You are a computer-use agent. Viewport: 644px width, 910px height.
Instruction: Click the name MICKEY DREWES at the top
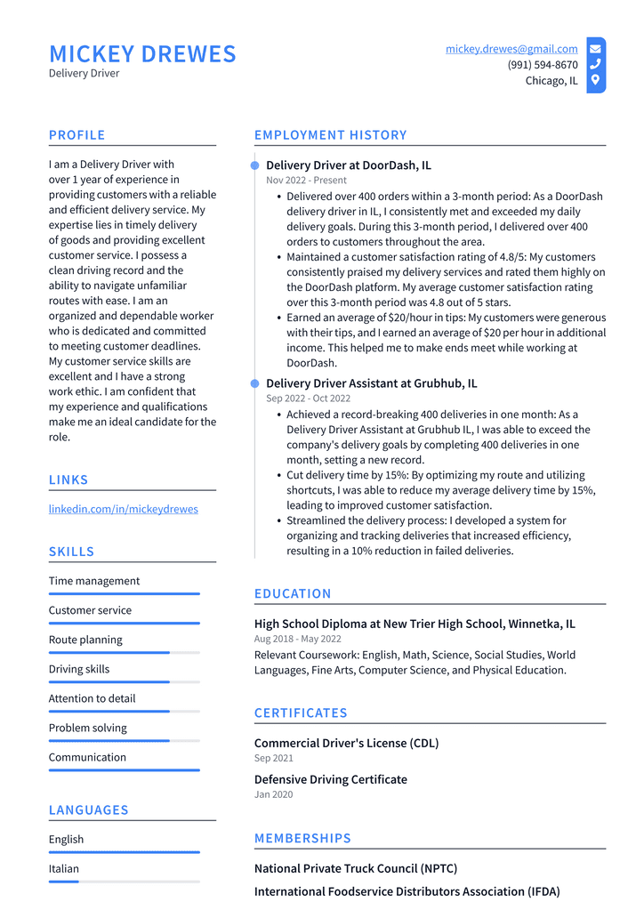point(142,54)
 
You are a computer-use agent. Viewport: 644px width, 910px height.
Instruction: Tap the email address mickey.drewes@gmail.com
point(511,49)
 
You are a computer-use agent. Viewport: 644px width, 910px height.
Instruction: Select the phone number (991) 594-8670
point(542,65)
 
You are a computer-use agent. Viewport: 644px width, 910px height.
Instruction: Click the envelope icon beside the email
point(595,49)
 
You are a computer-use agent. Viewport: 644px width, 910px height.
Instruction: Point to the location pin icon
point(595,80)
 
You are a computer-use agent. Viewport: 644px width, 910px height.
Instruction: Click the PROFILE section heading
point(76,135)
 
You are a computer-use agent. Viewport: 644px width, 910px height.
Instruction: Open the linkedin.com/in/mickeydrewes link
point(123,509)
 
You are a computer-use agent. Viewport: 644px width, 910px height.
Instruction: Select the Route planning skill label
point(85,640)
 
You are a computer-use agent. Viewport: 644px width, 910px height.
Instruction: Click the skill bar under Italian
point(124,882)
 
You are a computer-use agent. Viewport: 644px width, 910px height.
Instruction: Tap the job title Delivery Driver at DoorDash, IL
point(348,165)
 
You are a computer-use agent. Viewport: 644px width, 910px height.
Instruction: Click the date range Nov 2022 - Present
point(306,181)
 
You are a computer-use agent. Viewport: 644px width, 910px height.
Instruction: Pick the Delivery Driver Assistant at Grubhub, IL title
point(371,383)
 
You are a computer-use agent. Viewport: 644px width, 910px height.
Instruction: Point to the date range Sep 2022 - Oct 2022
point(310,399)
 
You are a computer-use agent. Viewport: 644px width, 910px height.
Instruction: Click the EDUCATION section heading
point(293,593)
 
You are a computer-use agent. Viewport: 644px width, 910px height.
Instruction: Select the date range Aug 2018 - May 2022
point(297,639)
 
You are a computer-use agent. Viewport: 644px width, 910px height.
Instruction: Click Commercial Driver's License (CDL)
point(346,743)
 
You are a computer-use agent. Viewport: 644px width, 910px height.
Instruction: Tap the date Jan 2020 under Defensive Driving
point(273,794)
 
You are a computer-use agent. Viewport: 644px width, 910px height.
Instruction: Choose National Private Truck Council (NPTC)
point(356,868)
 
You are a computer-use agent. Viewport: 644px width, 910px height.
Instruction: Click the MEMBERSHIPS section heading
point(302,838)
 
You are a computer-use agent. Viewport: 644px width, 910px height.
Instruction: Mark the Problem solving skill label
point(87,728)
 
